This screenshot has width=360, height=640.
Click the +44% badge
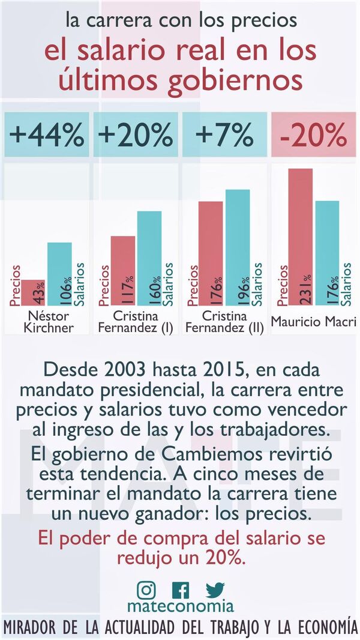(x=47, y=136)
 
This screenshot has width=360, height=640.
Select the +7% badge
(x=224, y=136)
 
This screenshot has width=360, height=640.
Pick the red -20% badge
(x=313, y=136)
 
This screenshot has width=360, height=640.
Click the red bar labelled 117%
(x=124, y=270)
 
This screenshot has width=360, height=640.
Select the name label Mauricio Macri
(x=313, y=322)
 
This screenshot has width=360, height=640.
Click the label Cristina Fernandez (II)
(x=224, y=322)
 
